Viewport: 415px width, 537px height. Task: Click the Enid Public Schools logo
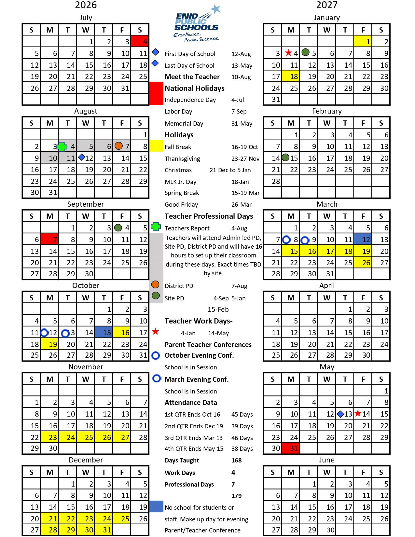pos(197,24)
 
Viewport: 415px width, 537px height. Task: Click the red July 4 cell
pos(140,41)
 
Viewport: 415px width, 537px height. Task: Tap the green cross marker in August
pos(62,147)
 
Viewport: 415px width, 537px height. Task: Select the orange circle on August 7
pos(119,146)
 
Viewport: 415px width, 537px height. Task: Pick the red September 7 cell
pos(49,240)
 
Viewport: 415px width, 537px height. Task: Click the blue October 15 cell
pos(104,332)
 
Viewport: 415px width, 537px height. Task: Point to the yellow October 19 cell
pos(49,344)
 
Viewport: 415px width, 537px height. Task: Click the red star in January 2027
pos(288,53)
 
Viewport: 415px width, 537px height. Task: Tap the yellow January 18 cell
pos(291,76)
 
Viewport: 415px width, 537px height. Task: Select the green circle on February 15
pos(285,158)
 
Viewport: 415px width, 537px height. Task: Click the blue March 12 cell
pos(363,240)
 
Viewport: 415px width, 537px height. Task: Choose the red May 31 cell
pos(291,448)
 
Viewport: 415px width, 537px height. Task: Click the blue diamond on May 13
pos(340,414)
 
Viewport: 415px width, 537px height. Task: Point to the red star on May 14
pos(358,414)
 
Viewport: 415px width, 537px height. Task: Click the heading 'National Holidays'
pos(195,88)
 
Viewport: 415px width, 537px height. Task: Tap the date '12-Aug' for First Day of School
pos(241,54)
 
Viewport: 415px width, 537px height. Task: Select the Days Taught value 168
pos(237,461)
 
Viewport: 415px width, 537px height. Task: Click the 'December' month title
pos(86,460)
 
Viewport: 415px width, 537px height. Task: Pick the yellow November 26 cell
pos(104,437)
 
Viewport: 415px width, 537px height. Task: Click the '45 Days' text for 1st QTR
pos(242,415)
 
